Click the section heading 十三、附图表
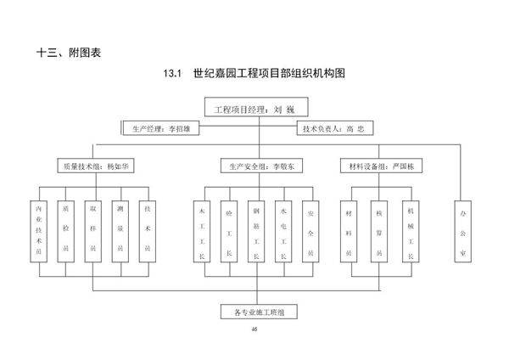[69, 53]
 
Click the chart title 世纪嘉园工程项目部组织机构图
[254, 74]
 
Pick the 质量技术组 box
[92, 166]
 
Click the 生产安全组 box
[255, 166]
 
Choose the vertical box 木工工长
[202, 230]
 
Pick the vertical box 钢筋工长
[256, 230]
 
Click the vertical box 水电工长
[283, 230]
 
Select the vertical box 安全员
[310, 230]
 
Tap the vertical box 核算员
[379, 230]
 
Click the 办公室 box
[462, 230]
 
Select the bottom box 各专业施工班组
[255, 312]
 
